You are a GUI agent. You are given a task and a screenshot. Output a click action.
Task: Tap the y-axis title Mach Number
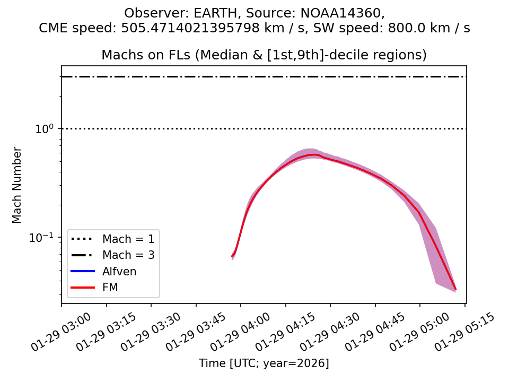coord(17,185)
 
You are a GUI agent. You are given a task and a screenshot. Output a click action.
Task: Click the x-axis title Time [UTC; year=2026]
coord(264,363)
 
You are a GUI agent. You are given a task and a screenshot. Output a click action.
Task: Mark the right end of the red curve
coord(455,289)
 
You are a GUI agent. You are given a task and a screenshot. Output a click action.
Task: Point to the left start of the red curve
coord(232,257)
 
